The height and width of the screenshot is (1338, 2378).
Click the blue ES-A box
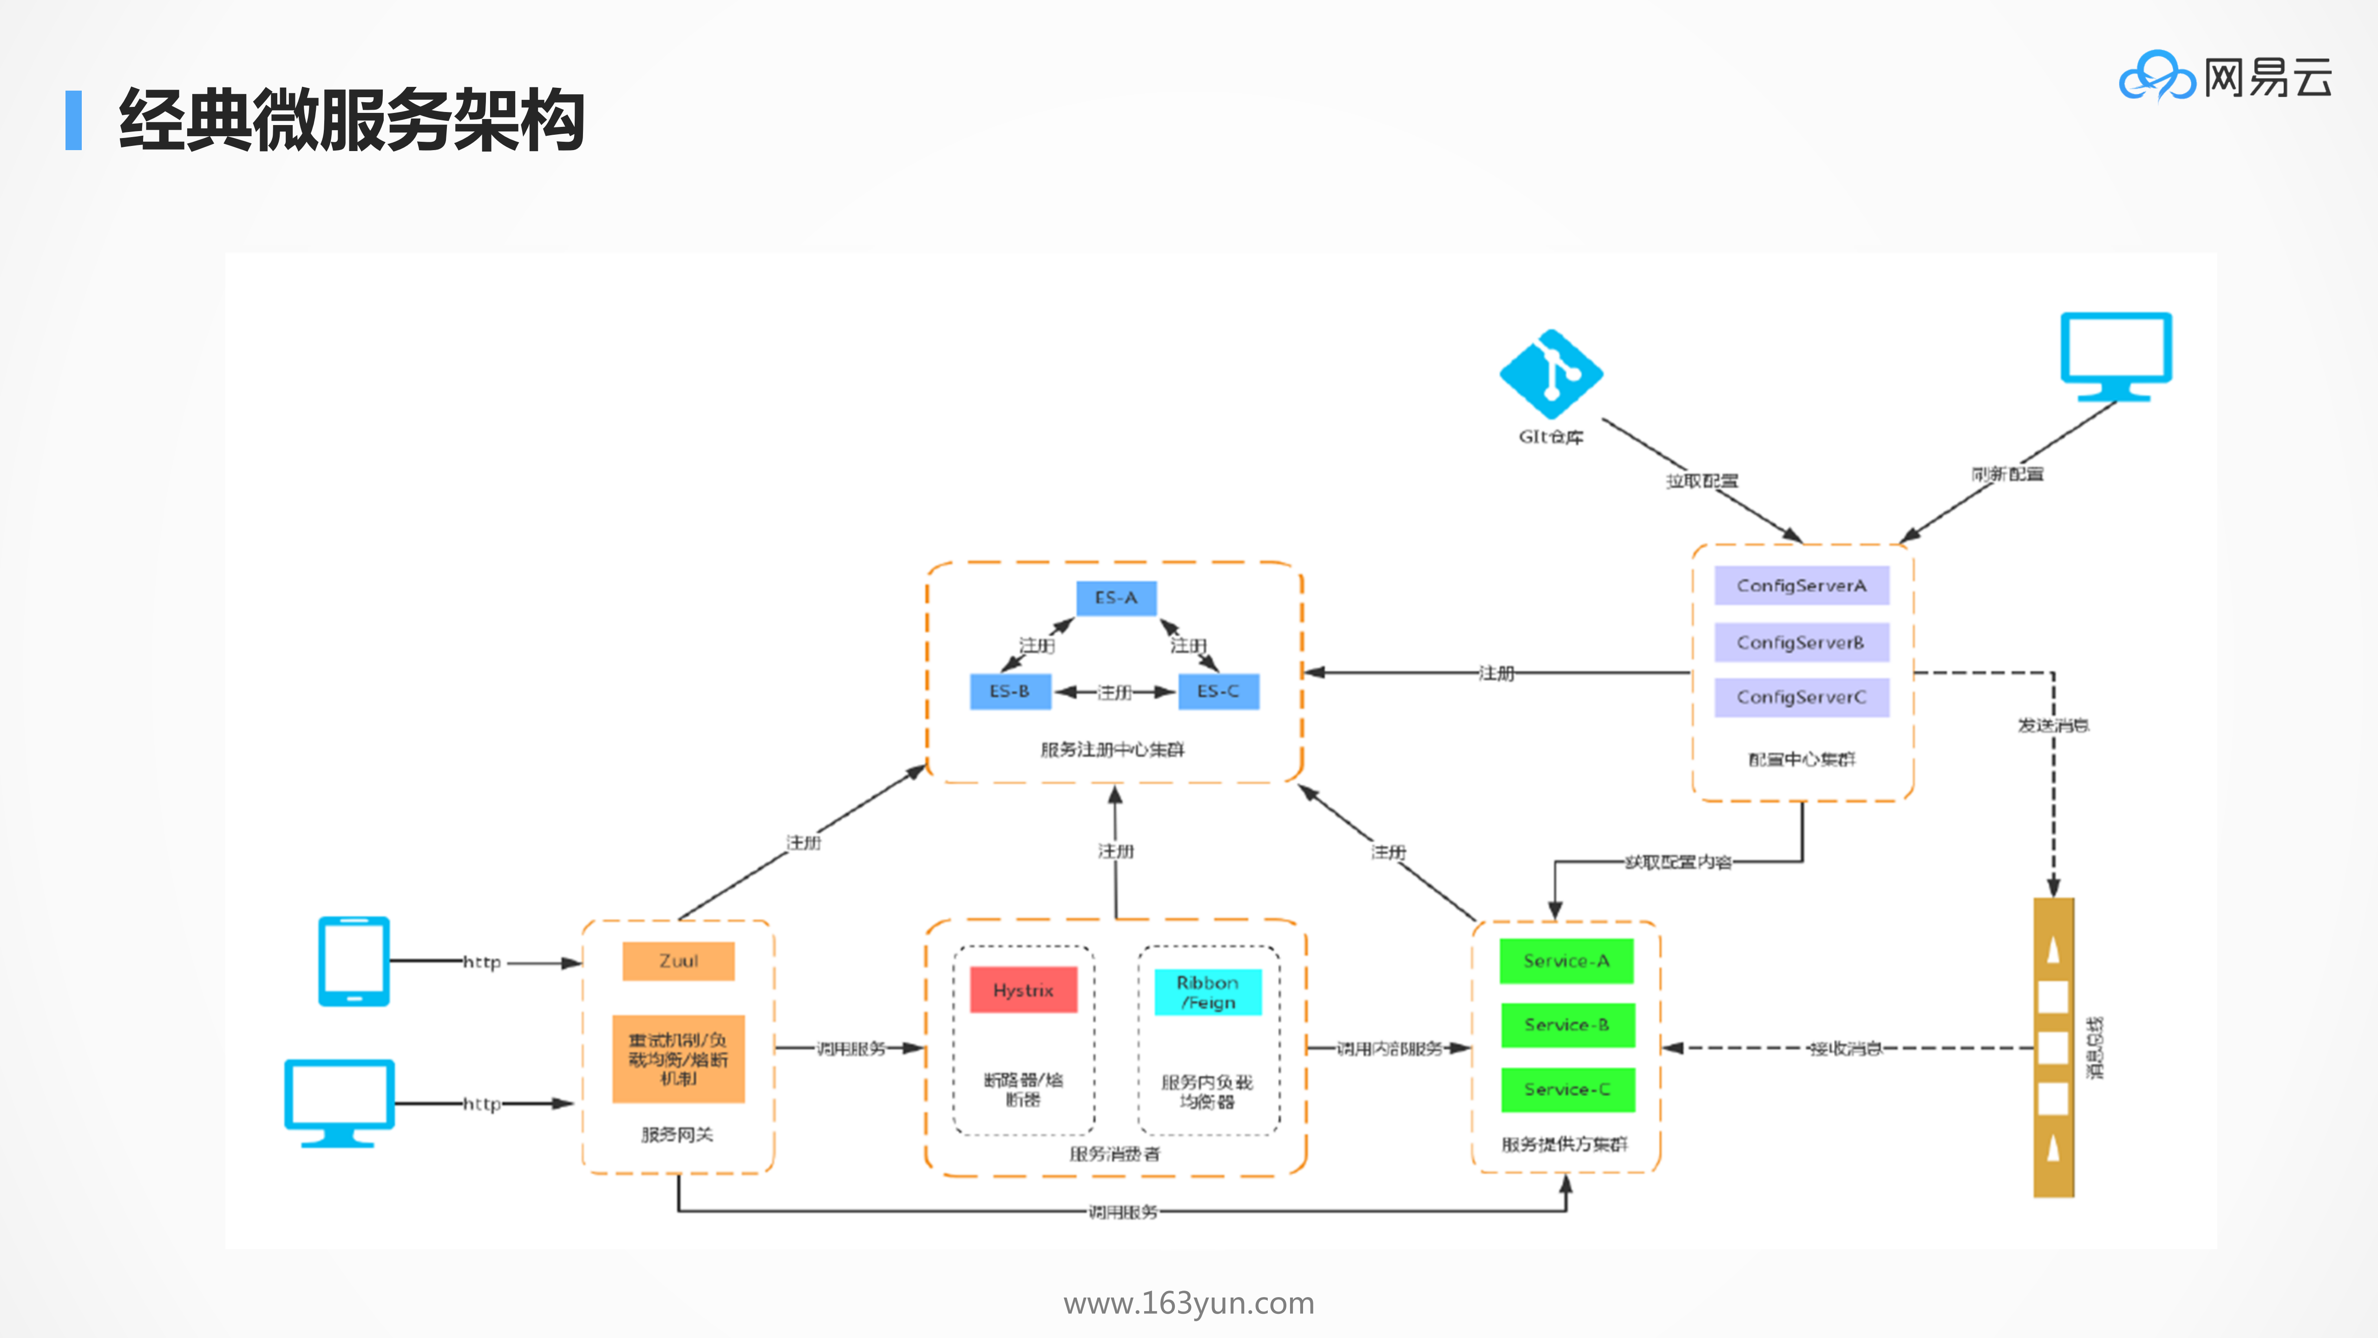(1116, 599)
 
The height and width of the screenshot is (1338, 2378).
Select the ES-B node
(1010, 692)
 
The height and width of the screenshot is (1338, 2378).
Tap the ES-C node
(1218, 692)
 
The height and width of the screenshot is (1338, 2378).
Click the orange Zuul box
(679, 961)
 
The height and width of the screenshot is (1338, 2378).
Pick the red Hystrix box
(1023, 990)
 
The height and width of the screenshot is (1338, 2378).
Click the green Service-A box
(1566, 961)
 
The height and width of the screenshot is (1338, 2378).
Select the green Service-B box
(1566, 1025)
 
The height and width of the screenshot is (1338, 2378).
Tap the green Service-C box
(1566, 1090)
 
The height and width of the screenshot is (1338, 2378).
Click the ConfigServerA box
(1801, 586)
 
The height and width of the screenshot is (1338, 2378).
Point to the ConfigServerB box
(1801, 643)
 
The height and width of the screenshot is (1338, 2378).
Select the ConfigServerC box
(1801, 697)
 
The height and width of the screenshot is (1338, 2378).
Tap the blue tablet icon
(354, 961)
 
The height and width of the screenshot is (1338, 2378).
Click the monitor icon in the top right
(2116, 356)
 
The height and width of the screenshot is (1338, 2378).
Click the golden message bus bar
(2053, 1048)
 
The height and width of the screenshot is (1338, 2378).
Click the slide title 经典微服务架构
(351, 120)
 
